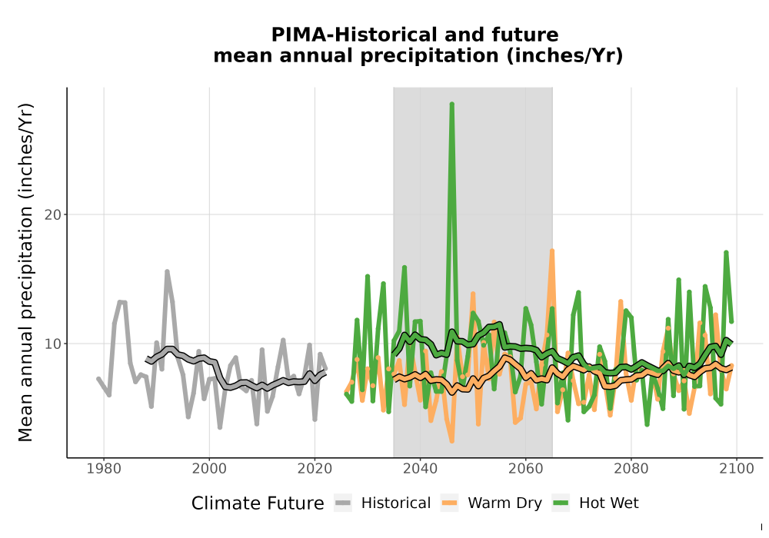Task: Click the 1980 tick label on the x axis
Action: [x=104, y=469]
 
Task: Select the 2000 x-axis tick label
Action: [x=209, y=469]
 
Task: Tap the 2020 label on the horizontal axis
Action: [x=315, y=469]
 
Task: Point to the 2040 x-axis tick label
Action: [x=421, y=469]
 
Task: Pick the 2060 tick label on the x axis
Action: [x=526, y=469]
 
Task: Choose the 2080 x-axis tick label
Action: [x=631, y=469]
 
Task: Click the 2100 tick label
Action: [x=737, y=469]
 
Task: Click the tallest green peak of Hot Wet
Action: [x=451, y=104]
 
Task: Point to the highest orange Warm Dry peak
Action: [x=551, y=251]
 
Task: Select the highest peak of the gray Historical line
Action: [x=167, y=271]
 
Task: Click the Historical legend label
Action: [x=396, y=503]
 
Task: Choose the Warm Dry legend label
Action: [x=504, y=503]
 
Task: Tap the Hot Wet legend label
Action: [x=608, y=503]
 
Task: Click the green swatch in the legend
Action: [x=561, y=503]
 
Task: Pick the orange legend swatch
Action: [x=449, y=503]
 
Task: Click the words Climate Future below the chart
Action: [x=258, y=503]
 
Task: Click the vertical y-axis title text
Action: [x=25, y=272]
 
